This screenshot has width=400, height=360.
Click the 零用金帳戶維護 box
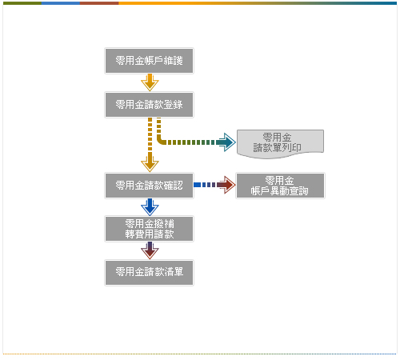[149, 61]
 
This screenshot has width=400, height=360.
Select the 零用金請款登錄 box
[149, 105]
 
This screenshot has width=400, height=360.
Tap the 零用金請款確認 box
[149, 186]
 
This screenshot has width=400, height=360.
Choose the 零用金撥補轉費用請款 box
[149, 229]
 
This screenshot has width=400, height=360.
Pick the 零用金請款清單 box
[149, 273]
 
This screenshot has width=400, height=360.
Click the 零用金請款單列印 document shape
[280, 144]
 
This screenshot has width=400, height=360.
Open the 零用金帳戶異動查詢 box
[280, 186]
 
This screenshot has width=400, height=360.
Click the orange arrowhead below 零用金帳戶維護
[150, 82]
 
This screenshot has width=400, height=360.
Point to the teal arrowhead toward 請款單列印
[226, 142]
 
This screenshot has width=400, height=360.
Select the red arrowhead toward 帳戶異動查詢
[226, 185]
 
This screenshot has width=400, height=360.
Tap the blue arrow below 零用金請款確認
[150, 207]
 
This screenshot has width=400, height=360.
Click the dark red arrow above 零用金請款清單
[150, 250]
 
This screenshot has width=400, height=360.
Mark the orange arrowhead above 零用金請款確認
[150, 163]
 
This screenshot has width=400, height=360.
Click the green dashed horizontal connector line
[190, 142]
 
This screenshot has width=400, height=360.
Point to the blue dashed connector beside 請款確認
[205, 185]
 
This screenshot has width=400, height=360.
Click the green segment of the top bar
[22, 3]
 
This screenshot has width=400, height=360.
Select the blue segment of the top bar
[61, 3]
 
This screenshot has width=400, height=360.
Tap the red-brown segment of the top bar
[99, 3]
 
